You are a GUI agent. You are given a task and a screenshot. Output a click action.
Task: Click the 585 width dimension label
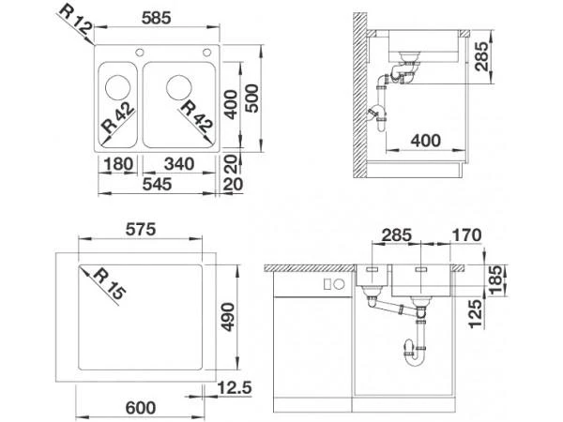coord(156,18)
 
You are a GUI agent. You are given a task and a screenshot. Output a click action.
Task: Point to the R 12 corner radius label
coord(76,21)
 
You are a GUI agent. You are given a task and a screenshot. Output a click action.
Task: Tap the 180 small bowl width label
coord(118,164)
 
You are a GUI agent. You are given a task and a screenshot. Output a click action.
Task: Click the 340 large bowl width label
coord(179,164)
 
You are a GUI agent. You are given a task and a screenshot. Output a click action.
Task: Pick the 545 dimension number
coord(157,184)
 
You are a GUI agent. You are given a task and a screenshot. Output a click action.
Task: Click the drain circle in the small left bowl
coord(118,87)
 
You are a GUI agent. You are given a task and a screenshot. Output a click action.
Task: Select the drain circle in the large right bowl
coord(179,87)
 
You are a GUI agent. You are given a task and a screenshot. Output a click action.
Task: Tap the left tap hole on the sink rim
coord(139,53)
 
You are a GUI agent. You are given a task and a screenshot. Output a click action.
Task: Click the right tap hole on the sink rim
coord(206,53)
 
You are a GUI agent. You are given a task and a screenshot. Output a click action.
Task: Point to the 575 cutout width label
coord(141,230)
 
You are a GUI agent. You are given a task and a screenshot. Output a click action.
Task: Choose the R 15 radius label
coord(110,284)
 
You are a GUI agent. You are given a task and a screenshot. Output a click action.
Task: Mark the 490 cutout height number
coord(228,317)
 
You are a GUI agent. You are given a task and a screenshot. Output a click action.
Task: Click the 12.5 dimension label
coord(236,388)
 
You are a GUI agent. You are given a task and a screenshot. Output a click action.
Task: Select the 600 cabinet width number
coord(141,408)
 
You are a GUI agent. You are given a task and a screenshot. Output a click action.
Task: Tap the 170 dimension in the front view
coord(466,235)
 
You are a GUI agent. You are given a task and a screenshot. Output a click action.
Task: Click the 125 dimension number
coord(475,314)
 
